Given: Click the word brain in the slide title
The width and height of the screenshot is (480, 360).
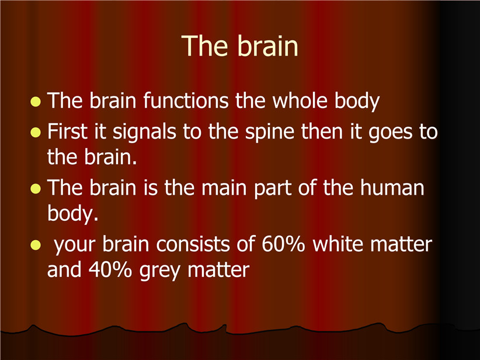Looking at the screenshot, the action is pos(267,46).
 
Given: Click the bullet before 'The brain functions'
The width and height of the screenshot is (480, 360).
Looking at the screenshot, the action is pos(36,102).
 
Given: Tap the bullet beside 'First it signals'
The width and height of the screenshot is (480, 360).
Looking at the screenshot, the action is pos(36,132).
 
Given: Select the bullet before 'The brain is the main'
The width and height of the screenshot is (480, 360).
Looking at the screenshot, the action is pos(36,189).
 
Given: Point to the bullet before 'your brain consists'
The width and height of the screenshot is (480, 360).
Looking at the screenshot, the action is pos(36,245).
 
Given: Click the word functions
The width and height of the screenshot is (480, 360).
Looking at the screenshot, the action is pos(186,101).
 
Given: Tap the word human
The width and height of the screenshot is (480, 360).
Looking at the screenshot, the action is pos(392,187).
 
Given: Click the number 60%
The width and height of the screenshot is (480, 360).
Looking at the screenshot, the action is pos(283,244).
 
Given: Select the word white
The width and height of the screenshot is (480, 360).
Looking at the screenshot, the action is pos(338,244).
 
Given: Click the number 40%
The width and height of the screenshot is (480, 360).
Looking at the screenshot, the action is pos(110,269).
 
